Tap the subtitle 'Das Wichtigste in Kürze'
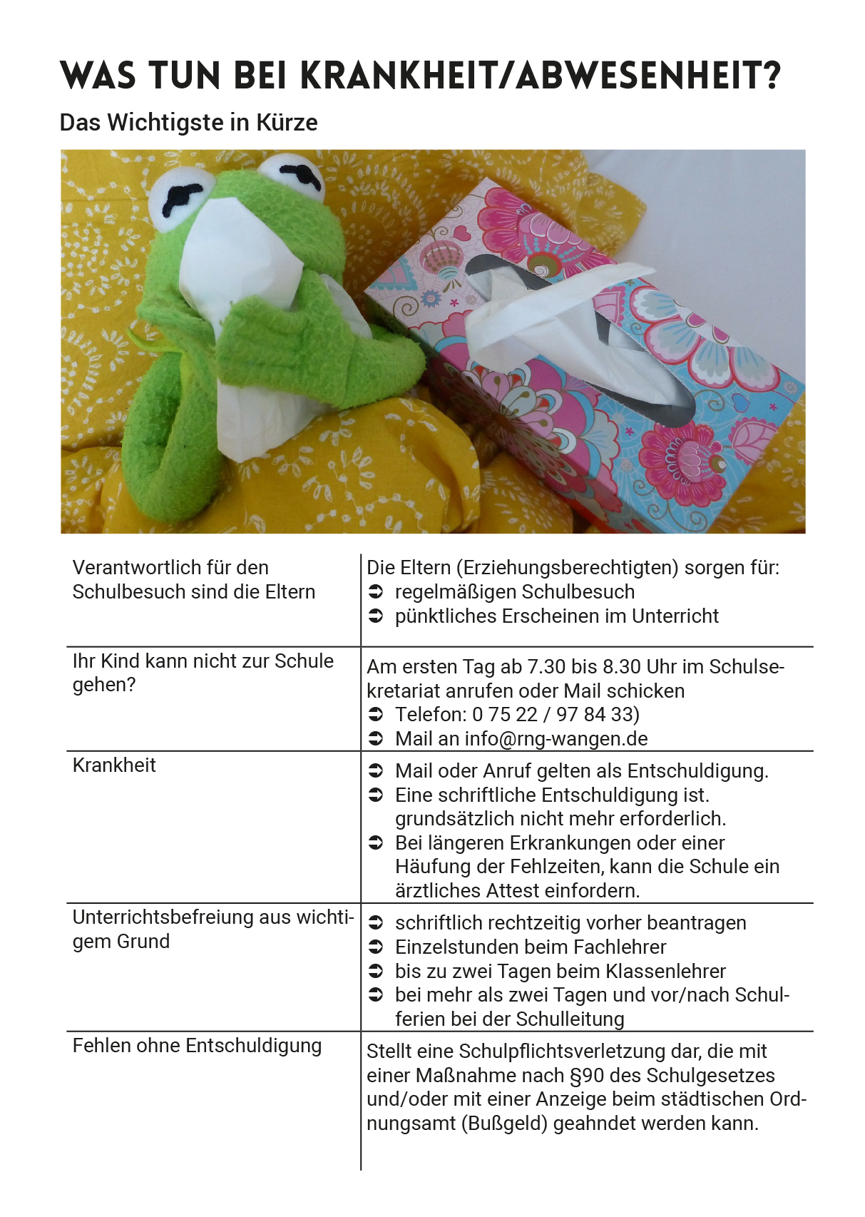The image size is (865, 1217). pos(188,123)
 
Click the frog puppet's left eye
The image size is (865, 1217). pos(182,199)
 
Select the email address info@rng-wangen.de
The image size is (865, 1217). pos(556,739)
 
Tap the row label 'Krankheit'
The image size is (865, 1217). pos(114,765)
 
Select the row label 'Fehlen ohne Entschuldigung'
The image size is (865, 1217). pos(197,1046)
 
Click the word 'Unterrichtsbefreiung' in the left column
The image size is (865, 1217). pos(163,917)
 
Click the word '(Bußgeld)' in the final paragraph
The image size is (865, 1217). pos(504,1124)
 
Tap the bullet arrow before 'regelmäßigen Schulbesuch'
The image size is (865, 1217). pos(376,592)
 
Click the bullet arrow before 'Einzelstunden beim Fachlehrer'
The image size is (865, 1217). pos(376,947)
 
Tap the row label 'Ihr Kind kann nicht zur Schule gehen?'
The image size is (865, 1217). pos(203,673)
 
